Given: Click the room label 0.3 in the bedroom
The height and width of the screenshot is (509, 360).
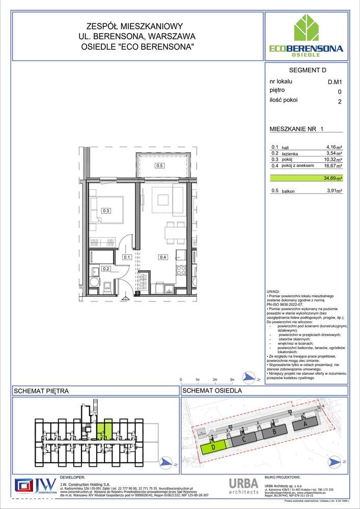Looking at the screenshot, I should coord(106,210).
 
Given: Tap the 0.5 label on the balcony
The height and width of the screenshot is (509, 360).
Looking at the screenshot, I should coord(159,165).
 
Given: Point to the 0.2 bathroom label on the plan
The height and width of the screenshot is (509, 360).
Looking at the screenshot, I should coord(106,269).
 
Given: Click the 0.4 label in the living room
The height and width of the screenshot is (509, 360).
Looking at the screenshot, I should coord(162,257).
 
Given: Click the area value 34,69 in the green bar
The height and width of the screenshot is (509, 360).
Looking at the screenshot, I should coord(333,179).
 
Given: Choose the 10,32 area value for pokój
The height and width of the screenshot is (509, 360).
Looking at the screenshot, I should coord(333,159).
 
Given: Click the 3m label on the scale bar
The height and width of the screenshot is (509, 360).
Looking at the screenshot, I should coord(232,380).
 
